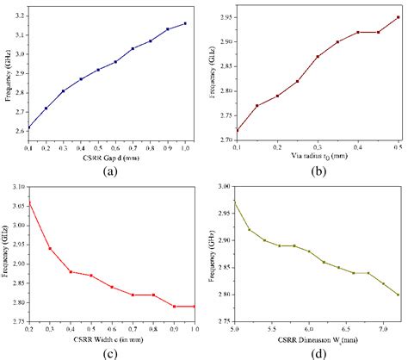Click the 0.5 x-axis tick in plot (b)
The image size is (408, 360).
tap(399, 147)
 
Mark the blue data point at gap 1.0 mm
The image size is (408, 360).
tap(185, 23)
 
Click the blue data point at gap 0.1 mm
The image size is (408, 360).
tap(29, 127)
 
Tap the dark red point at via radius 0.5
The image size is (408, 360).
tap(399, 17)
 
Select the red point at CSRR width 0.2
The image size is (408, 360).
tap(29, 203)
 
